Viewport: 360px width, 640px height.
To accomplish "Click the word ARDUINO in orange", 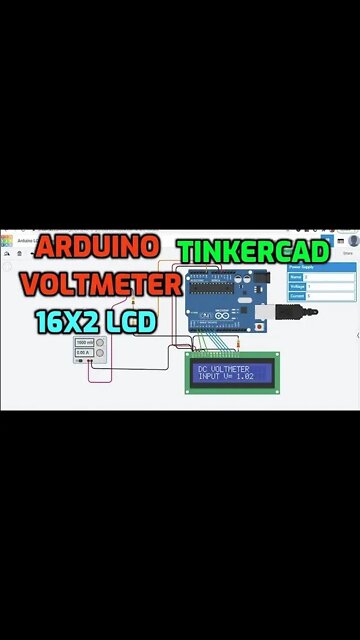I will coord(98,246).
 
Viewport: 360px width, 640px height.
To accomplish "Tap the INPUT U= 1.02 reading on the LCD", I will coord(226,377).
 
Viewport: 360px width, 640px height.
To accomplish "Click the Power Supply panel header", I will coord(321,268).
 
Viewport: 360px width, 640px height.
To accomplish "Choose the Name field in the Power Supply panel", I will coord(330,277).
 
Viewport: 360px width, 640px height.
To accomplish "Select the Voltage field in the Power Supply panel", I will coord(330,287).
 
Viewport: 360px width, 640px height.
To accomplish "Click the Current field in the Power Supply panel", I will coord(330,297).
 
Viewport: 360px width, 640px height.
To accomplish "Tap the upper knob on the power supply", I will coord(101,343).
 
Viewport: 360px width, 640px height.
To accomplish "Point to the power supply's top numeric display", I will coord(84,343).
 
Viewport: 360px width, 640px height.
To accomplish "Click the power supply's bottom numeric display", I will coord(84,353).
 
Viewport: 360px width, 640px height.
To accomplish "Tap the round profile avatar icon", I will coord(352,241).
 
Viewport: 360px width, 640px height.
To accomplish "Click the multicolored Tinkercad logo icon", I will coord(7,240).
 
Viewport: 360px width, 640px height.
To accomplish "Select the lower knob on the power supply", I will coord(101,353).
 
